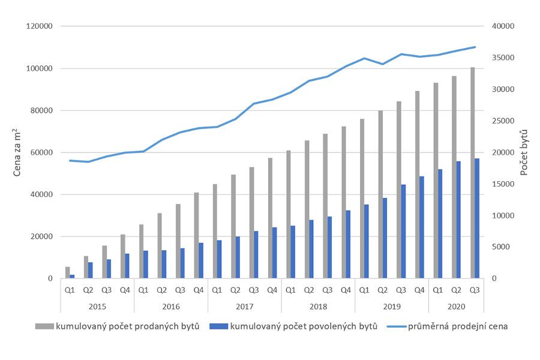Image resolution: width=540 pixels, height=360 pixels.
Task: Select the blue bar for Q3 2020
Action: point(477,218)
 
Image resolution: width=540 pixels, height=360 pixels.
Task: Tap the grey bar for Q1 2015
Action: point(68,272)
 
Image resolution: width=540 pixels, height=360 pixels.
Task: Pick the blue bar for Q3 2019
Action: point(404,231)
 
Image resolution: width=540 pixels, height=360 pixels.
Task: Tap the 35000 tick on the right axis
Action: point(503,58)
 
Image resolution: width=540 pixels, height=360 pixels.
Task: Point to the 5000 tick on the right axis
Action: point(502,247)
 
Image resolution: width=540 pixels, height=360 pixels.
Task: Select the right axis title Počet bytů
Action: point(524,152)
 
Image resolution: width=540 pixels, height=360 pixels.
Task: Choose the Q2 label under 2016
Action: point(162,290)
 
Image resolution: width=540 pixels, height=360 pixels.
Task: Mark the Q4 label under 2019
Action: point(419,290)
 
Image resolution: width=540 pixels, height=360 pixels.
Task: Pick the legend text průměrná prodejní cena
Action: point(458,326)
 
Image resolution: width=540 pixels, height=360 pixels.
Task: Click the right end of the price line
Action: point(475,47)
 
